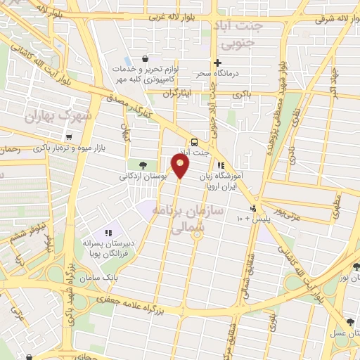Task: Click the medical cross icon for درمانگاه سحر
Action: click(x=218, y=63)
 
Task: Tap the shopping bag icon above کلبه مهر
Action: click(x=144, y=58)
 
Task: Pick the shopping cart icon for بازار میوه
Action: click(x=69, y=137)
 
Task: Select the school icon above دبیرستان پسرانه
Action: click(x=108, y=232)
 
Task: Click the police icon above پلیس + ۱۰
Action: click(x=253, y=208)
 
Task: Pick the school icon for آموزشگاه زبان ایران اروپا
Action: click(x=221, y=165)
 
